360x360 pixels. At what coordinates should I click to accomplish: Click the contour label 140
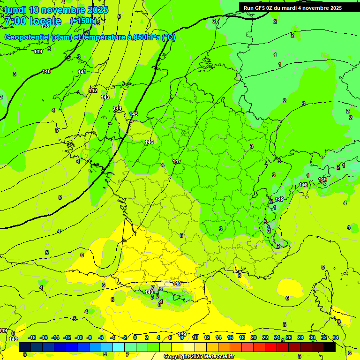tap(46, 71)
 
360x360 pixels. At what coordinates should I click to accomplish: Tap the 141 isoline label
tap(82, 72)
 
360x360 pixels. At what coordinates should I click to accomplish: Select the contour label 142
tap(93, 90)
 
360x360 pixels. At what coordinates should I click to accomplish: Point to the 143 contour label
tap(105, 97)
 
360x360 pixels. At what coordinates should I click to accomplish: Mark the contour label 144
tap(117, 108)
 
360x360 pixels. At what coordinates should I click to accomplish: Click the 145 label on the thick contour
tap(134, 114)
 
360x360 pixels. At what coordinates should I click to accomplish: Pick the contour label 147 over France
tap(177, 161)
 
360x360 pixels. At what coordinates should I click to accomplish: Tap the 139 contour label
tap(38, 52)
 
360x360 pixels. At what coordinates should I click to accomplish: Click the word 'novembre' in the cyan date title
tap(63, 10)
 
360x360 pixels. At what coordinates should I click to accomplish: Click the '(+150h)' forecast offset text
tap(83, 21)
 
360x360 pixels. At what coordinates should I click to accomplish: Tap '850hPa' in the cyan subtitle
tap(147, 37)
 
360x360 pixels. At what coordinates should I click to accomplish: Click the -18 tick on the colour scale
tap(32, 337)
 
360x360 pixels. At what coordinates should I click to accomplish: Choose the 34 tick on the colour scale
tap(336, 337)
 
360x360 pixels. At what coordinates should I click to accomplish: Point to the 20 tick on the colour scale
tap(254, 337)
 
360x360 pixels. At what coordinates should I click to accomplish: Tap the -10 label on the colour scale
tap(79, 337)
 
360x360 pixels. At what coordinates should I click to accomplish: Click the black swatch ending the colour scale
tap(329, 347)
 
